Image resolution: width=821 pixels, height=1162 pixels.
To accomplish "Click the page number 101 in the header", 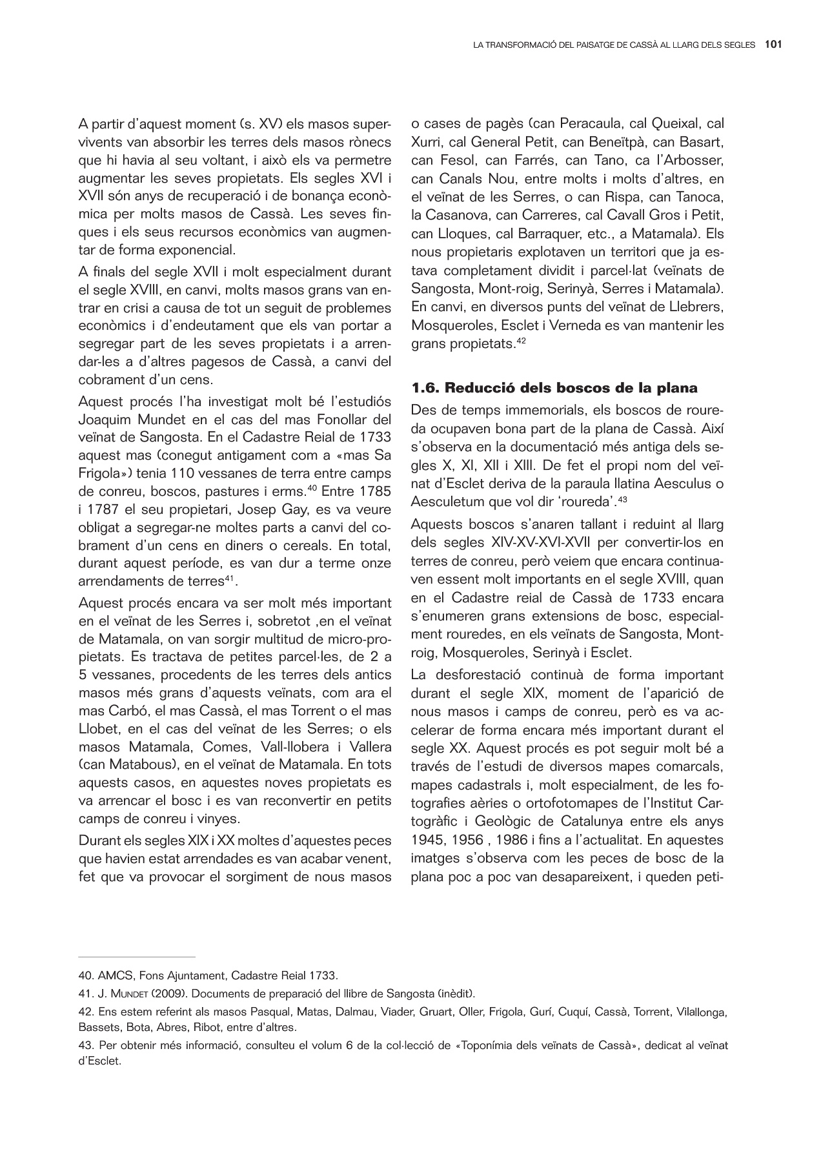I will pos(774,45).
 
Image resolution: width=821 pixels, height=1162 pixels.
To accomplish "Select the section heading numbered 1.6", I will pos(554,388).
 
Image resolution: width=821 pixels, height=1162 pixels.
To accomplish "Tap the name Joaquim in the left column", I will pos(101,419).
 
